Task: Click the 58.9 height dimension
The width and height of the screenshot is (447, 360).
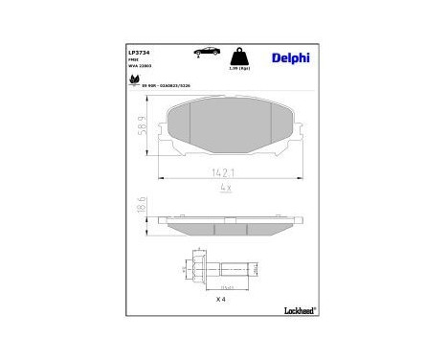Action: point(141,124)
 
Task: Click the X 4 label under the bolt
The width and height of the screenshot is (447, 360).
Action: point(220,300)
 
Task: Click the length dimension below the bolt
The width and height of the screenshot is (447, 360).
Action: point(229,286)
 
